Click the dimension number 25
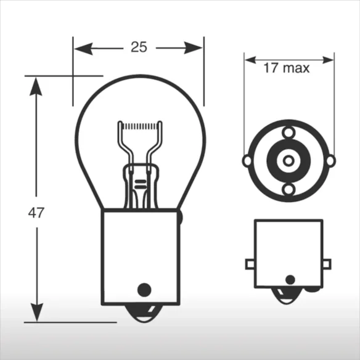click(x=139, y=47)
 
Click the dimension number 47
click(x=36, y=213)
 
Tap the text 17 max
click(x=286, y=68)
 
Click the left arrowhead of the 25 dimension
click(x=84, y=49)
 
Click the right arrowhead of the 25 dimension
click(x=194, y=48)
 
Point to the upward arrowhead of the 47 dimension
click(x=36, y=86)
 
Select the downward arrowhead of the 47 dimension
click(x=37, y=313)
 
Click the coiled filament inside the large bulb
click(x=140, y=126)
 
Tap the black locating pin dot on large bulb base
click(x=144, y=290)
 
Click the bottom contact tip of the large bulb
click(x=144, y=314)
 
